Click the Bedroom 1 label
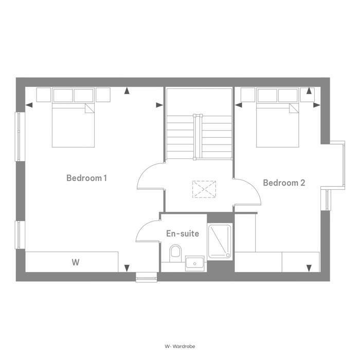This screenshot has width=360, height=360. tap(86, 178)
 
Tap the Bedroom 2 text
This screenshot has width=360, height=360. tap(284, 183)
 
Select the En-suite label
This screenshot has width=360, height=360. tap(183, 233)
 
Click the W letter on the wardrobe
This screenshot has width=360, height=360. tap(76, 262)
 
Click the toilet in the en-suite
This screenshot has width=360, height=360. tap(175, 253)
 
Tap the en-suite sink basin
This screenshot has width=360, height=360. tap(195, 263)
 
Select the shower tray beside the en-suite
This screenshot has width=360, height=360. tap(220, 242)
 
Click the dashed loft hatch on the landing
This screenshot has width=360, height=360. tap(204, 189)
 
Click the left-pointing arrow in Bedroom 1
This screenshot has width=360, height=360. tap(29, 105)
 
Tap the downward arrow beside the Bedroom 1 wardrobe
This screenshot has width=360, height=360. tap(127, 268)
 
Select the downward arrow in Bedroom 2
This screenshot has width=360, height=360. tap(309, 268)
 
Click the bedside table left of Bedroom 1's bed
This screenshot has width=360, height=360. tap(44, 95)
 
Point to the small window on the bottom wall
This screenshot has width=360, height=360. tap(146, 277)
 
